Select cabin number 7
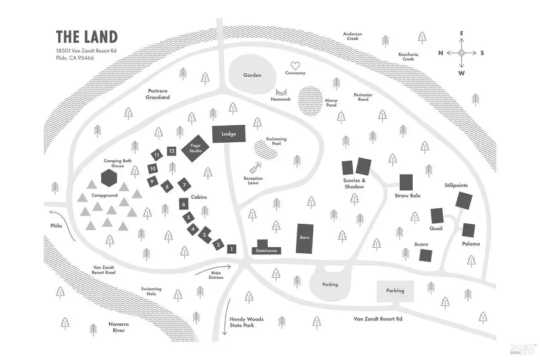point(184,185)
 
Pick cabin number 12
point(172,151)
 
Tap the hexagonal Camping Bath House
point(109,178)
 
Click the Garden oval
point(253,75)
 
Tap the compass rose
point(461,53)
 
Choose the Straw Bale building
point(406,182)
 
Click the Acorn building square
point(425,255)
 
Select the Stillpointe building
point(463,200)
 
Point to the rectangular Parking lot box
point(395,290)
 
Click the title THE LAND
point(87,37)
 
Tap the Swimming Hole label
point(151,292)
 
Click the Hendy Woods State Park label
point(247,322)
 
